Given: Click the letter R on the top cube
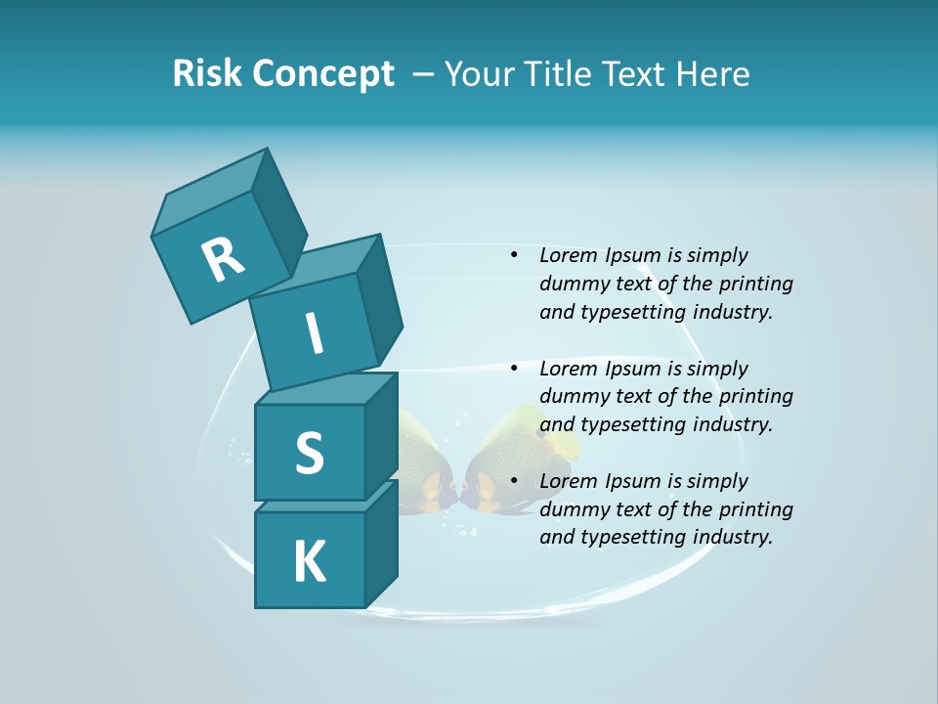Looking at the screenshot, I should [x=223, y=259].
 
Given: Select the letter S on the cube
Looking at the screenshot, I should [x=309, y=453].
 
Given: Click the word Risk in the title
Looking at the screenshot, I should [x=206, y=73].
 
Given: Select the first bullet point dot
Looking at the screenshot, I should [x=513, y=255].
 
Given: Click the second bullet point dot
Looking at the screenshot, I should [x=513, y=369].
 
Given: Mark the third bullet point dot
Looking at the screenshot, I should [x=513, y=481].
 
